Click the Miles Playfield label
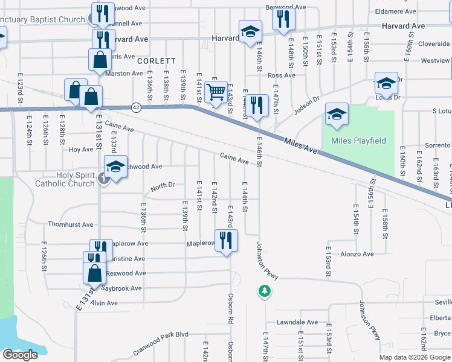pos(358,141)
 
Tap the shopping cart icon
pos(216,92)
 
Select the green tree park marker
pos(264,291)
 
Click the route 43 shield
pos(136,107)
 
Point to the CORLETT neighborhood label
pos(156,61)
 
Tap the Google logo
pos(20,355)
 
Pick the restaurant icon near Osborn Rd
pos(225,240)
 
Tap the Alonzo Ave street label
pos(357,254)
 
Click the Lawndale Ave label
pos(297,322)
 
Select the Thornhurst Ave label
pos(71,224)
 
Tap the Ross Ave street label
pos(281,75)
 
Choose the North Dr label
pos(163,187)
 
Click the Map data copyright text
pos(415,357)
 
